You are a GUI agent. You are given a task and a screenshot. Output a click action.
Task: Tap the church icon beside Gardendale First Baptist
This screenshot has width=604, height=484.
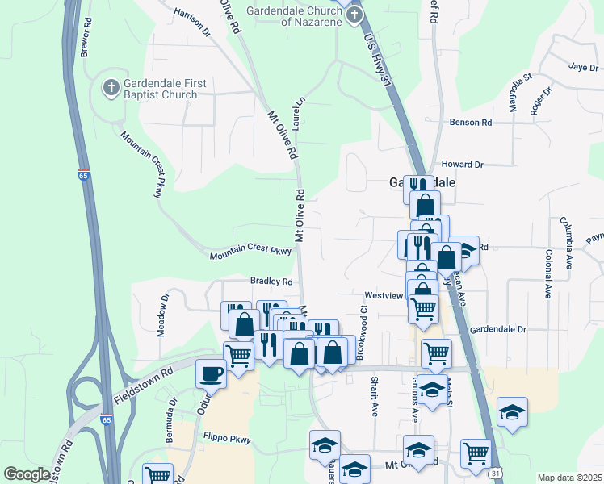(x=111, y=86)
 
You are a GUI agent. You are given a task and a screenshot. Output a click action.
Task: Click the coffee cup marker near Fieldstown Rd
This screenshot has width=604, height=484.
(x=211, y=373)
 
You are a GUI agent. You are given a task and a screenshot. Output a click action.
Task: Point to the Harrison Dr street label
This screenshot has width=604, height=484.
(x=191, y=23)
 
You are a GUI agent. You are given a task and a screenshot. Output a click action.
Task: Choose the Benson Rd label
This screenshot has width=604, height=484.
(x=471, y=123)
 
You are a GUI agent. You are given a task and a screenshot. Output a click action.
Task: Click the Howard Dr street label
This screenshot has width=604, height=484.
(x=462, y=164)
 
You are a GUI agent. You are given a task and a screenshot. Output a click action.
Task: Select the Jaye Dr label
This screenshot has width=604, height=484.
(x=581, y=67)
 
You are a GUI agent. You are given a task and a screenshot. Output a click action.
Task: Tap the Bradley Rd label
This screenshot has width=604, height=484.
(x=271, y=282)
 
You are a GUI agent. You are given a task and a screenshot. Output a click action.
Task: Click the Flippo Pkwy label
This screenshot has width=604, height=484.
(x=227, y=440)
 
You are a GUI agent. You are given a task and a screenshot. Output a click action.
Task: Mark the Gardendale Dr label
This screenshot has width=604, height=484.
(x=498, y=329)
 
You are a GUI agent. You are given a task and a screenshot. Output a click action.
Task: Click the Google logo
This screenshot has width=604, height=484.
(x=27, y=474)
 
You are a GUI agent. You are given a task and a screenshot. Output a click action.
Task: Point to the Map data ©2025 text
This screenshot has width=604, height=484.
(x=568, y=478)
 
